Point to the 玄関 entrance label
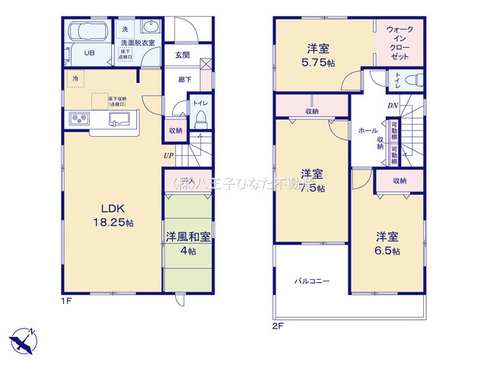coord(183,55)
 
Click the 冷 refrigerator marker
coord(75,78)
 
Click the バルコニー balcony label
coord(312,281)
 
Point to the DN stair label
coord(393,106)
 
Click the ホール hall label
coord(367,131)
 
